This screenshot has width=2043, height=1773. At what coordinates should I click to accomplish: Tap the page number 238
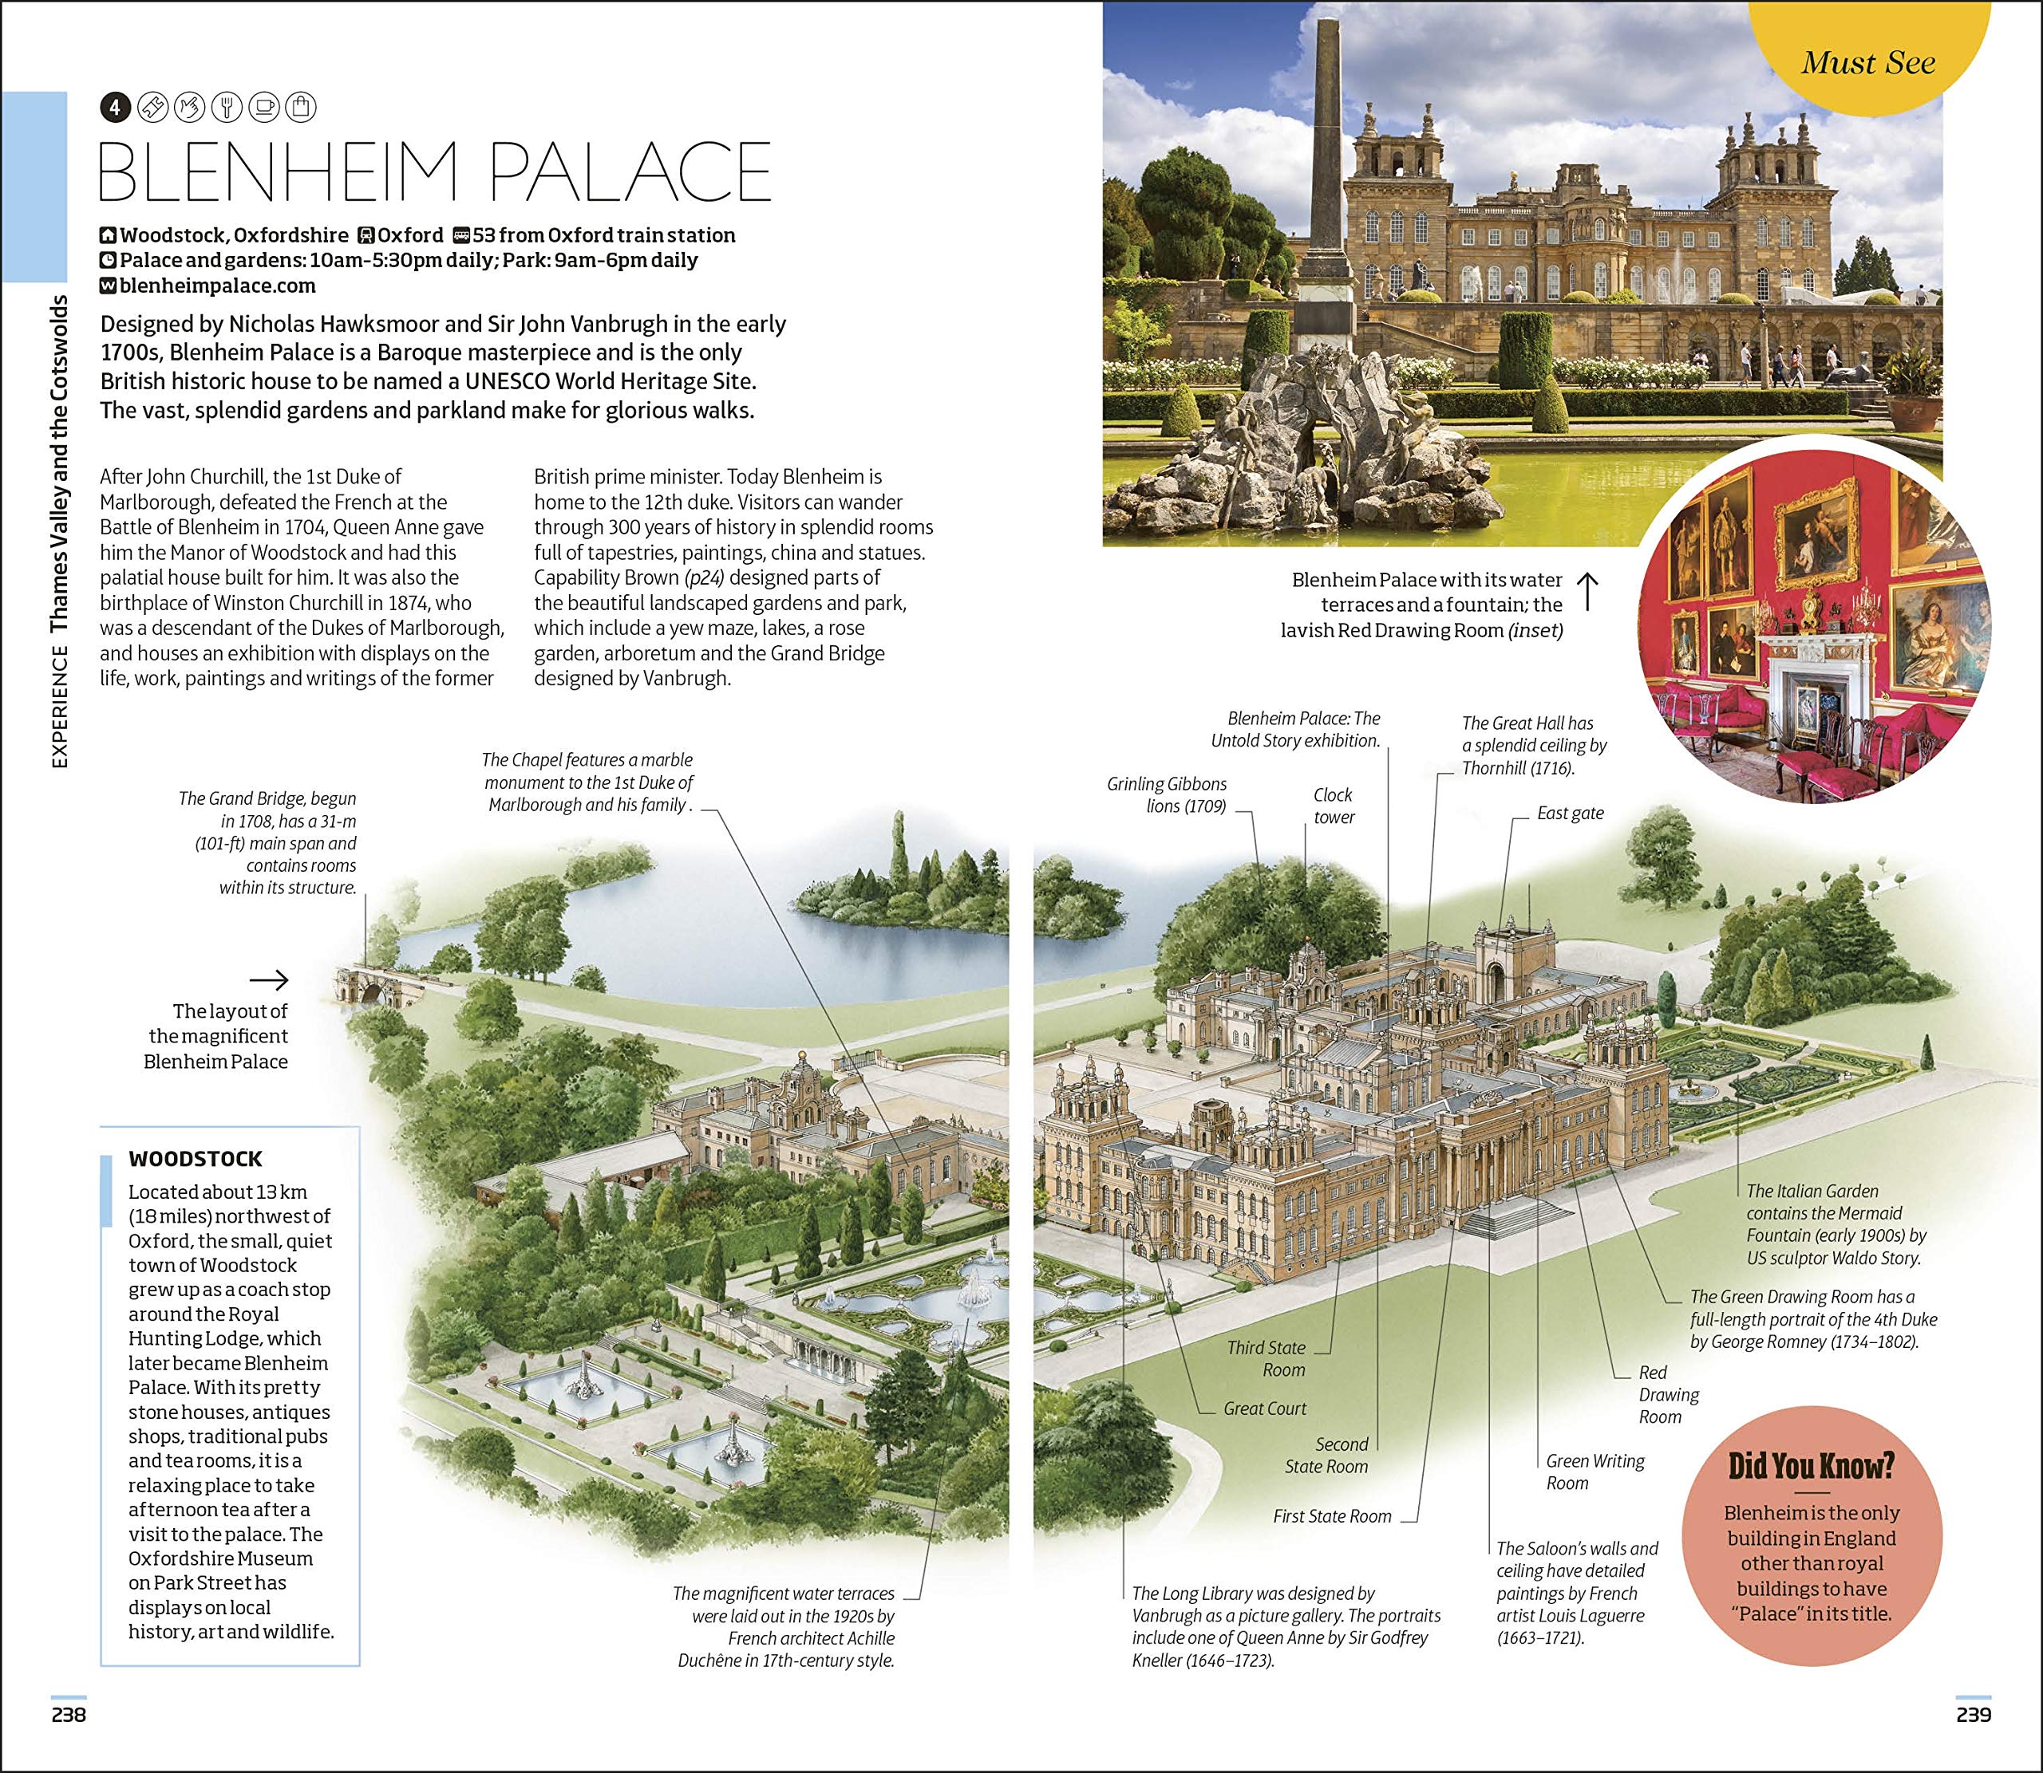(x=69, y=1715)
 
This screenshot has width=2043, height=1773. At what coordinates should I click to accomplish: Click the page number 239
(x=1973, y=1715)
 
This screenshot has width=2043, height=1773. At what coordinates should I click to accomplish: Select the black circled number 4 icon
(x=115, y=107)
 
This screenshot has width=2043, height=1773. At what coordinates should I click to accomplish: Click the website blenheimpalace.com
(x=217, y=286)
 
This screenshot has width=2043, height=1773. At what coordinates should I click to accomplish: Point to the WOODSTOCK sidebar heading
(x=195, y=1159)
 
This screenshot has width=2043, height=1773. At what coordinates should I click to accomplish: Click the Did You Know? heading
(x=1811, y=1465)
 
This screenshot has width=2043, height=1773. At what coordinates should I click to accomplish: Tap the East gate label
(x=1570, y=814)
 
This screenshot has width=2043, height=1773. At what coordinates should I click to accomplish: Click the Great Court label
(x=1264, y=1408)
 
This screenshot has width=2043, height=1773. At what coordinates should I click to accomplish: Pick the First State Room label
(x=1331, y=1515)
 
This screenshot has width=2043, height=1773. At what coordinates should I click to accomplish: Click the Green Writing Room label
(x=1594, y=1472)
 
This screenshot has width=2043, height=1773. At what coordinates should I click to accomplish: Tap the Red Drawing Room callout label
(x=1668, y=1394)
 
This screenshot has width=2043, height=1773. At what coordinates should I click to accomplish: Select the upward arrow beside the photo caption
(x=1587, y=591)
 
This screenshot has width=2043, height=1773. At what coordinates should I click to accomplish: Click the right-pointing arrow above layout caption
(x=268, y=980)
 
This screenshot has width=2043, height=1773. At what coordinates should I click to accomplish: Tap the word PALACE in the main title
(x=630, y=172)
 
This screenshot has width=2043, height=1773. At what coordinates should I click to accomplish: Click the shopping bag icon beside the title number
(x=301, y=107)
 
